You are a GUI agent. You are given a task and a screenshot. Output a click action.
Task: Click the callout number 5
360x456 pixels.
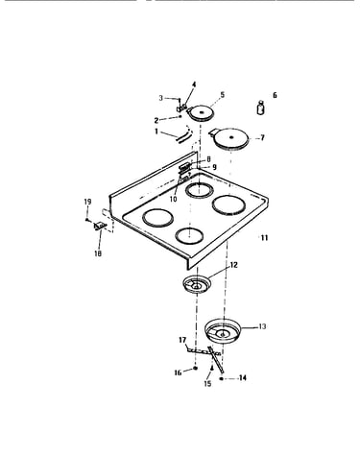(x=223, y=95)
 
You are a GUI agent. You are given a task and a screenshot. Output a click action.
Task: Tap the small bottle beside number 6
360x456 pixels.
(x=261, y=108)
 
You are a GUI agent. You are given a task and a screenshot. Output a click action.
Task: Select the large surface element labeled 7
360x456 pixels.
(x=231, y=138)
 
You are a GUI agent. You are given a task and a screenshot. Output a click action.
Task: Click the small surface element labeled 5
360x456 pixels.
(x=201, y=113)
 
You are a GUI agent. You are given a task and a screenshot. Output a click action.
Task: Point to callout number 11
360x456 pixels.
(x=264, y=238)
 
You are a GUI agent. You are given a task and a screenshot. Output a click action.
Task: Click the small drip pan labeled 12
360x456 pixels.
(x=197, y=284)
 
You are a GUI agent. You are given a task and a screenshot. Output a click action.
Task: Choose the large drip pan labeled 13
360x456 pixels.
(x=223, y=331)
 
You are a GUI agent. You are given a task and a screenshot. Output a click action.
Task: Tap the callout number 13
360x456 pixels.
(x=262, y=326)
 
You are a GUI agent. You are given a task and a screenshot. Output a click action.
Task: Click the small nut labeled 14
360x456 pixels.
(x=222, y=378)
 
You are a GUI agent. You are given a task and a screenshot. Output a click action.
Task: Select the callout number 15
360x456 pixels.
(x=207, y=383)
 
